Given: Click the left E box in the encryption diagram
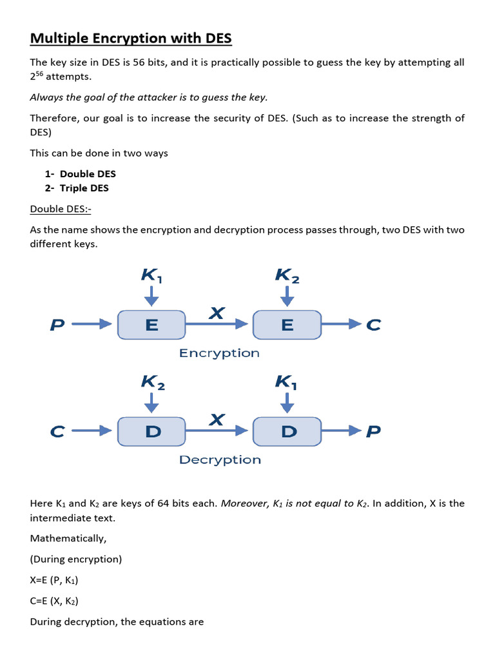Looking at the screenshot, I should (151, 325).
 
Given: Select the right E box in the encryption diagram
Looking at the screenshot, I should (287, 325).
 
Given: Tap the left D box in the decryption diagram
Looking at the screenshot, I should (151, 431).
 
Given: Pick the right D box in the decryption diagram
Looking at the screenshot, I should (287, 431).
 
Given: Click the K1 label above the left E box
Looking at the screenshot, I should (151, 275).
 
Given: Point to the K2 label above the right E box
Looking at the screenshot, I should (287, 275).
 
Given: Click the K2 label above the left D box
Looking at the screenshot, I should (153, 382).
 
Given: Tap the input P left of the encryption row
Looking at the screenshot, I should (57, 325).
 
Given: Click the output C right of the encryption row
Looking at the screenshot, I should (373, 325).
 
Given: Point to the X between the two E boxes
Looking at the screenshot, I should (217, 313).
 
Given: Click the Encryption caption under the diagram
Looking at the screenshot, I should (219, 353).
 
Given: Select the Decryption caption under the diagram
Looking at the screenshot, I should (220, 460).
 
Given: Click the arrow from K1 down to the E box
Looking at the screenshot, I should (151, 296).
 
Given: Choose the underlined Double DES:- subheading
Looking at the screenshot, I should (65, 209).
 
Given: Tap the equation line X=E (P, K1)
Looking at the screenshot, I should (54, 580).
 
